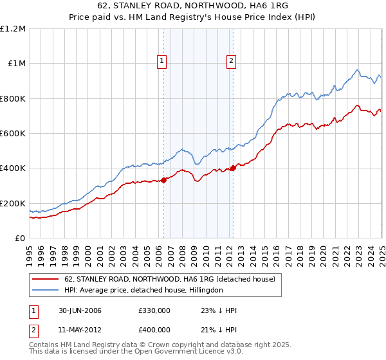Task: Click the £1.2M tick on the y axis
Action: [x=13, y=28]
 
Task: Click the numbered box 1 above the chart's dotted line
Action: [x=161, y=61]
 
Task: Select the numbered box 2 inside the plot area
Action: [x=230, y=61]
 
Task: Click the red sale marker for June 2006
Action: [x=163, y=180]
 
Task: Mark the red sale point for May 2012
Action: [x=233, y=168]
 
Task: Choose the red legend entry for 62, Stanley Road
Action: [x=170, y=279]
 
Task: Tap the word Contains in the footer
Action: [x=46, y=346]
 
